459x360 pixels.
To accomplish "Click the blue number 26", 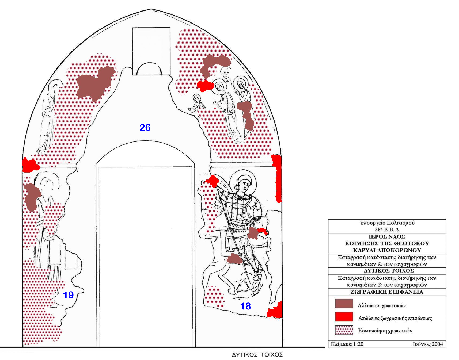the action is tap(145, 128).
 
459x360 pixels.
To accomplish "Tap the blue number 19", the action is tap(68, 295).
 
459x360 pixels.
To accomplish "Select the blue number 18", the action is tap(245, 306).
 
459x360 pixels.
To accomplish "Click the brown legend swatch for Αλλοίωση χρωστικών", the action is tap(344, 304).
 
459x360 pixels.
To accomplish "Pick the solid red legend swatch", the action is tap(344, 317).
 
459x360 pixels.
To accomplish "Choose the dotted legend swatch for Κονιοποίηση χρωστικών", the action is tap(344, 330).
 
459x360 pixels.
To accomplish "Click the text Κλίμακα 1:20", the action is tap(347, 344).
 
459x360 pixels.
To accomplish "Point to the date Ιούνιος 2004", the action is tap(428, 344).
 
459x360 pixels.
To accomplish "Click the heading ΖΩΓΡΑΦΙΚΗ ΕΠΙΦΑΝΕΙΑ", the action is tap(387, 292).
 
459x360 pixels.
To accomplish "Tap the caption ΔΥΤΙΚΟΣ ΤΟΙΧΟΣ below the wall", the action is tap(257, 355).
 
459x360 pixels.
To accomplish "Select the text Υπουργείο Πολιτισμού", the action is tap(387, 223).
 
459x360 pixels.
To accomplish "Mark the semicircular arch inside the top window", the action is tap(149, 69).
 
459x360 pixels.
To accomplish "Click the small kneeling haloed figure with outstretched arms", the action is tap(197, 103).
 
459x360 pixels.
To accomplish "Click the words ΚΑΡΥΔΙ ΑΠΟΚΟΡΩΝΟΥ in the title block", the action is tap(387, 250).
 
